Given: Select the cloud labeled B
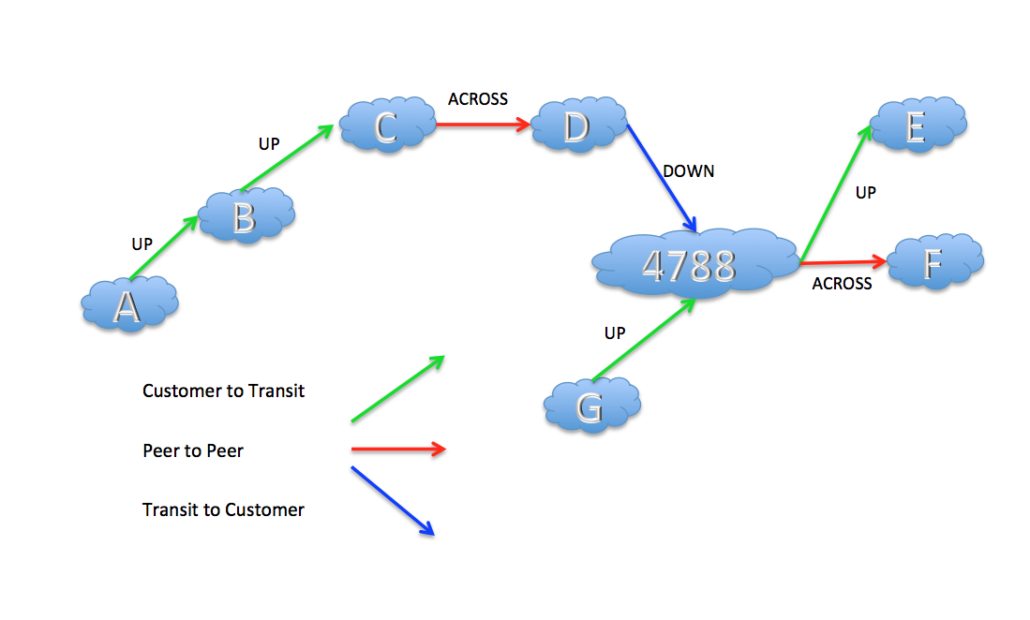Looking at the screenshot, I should (246, 216).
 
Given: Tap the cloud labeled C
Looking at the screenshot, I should (386, 125).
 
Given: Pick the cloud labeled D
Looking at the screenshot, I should (576, 125).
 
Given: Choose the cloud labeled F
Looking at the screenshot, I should (933, 263).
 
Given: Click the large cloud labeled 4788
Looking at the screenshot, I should (690, 264).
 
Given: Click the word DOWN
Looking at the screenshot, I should (688, 171).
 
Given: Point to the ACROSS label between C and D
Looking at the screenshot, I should (477, 99).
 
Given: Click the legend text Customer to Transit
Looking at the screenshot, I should (223, 391).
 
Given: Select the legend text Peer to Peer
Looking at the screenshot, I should (193, 451).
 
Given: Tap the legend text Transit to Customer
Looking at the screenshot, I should (223, 510).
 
